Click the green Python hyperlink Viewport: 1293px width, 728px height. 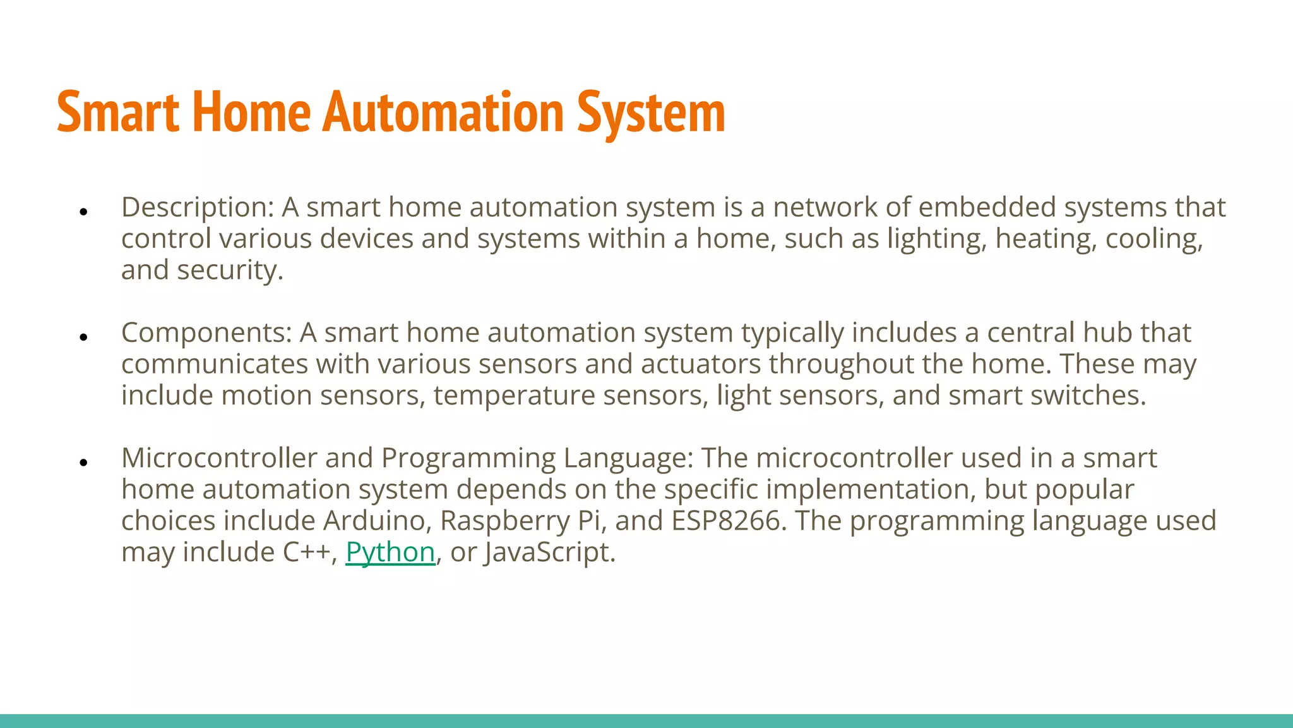[390, 552]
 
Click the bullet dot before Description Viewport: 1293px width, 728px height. [83, 212]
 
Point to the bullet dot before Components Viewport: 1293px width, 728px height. [83, 337]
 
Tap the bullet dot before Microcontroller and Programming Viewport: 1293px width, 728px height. [83, 463]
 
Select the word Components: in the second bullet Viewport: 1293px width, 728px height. [206, 333]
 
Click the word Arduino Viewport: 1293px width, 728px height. [377, 521]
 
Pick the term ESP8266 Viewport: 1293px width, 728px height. [725, 521]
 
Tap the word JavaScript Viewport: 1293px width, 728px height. [549, 552]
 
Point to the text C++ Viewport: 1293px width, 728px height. [306, 552]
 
